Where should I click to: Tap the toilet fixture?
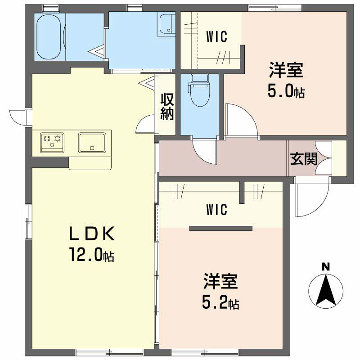[x=198, y=90]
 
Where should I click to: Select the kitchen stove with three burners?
[x=52, y=141]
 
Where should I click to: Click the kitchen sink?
[x=92, y=142]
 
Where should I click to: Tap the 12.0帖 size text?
[x=91, y=256]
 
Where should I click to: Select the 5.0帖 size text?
[x=286, y=91]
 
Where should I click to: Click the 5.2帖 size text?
[x=220, y=303]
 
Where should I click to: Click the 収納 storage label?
[x=167, y=106]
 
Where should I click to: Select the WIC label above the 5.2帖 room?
[x=216, y=209]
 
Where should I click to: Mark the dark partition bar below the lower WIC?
[x=220, y=228]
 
